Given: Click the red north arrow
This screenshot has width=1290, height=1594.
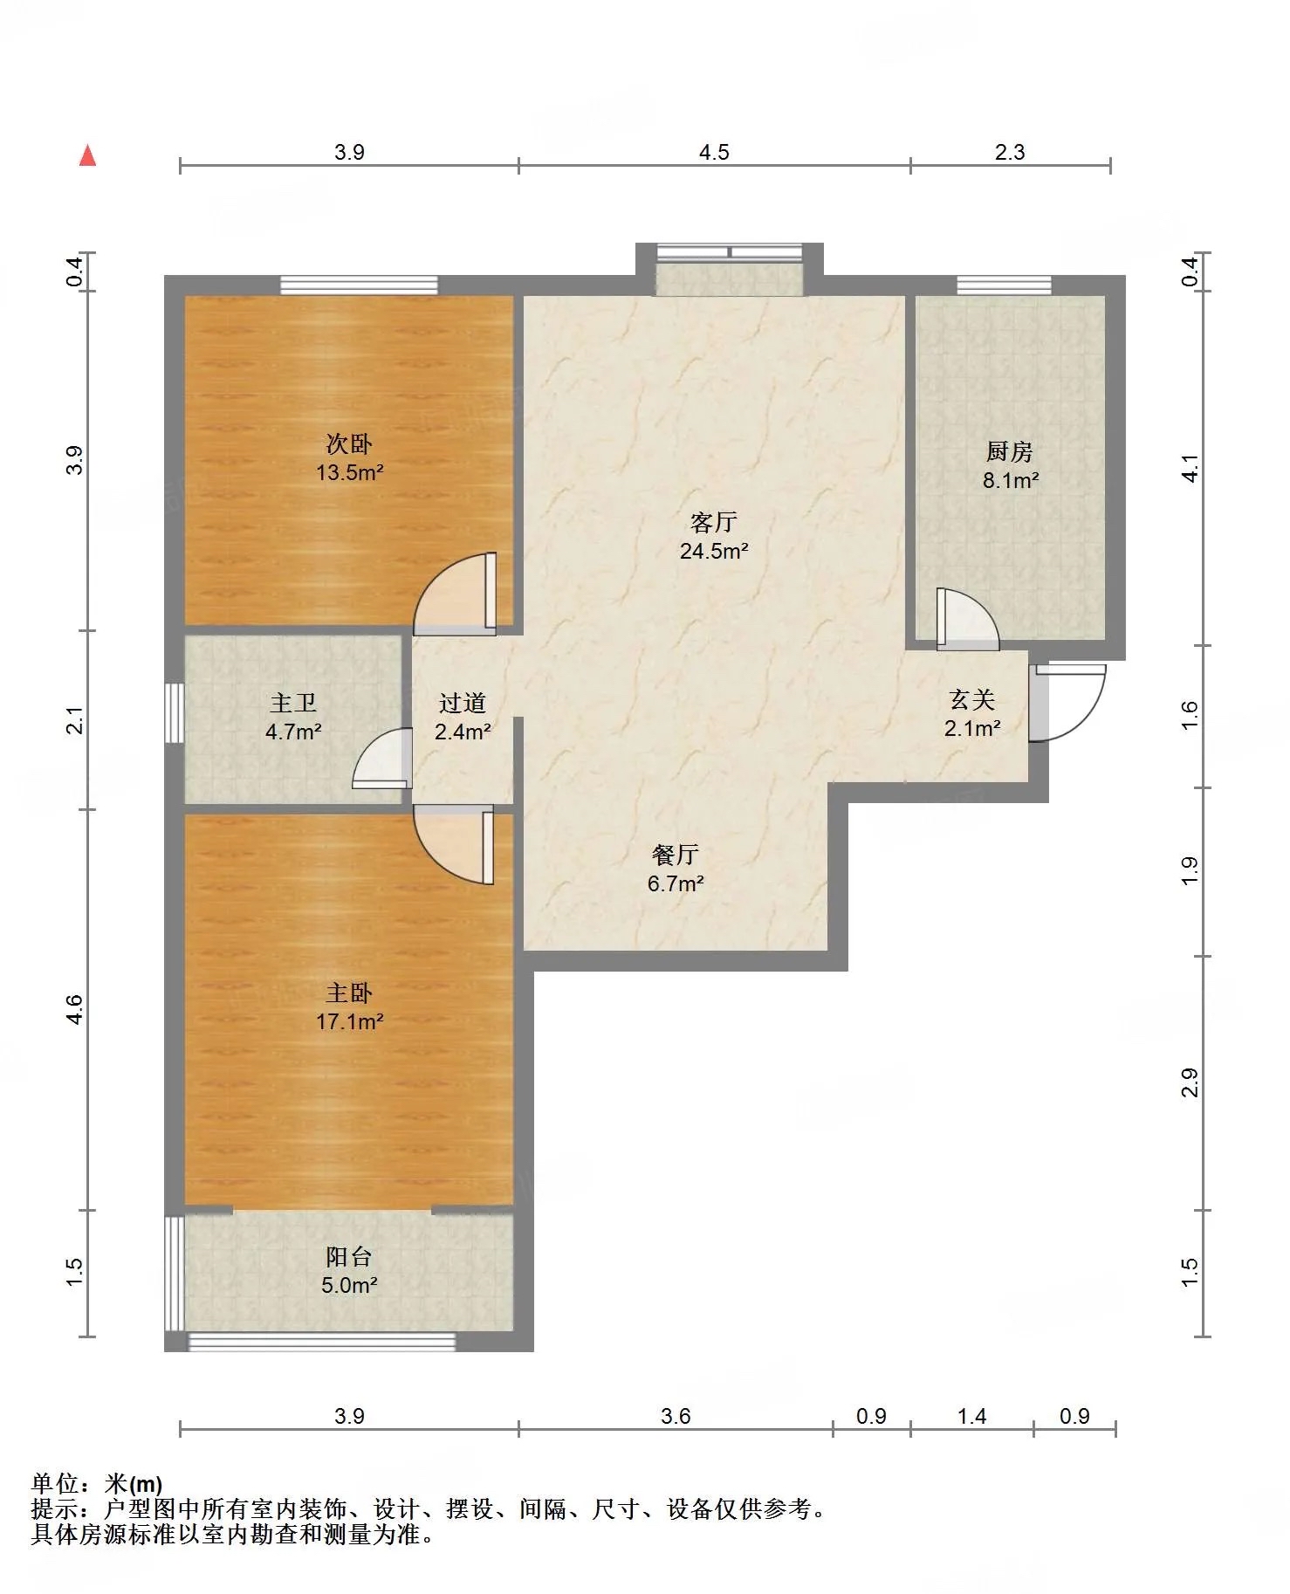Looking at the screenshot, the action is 87,155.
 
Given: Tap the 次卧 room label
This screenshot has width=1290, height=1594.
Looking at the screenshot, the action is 349,443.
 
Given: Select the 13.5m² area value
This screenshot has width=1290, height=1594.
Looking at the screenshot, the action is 349,472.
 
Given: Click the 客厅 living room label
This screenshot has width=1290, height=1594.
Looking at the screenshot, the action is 713,522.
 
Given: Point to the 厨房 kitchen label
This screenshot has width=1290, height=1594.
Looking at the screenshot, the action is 1010,451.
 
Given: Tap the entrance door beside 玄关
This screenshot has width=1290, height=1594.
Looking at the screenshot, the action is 1067,703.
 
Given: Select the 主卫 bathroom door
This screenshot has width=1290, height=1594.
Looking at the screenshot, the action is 382,759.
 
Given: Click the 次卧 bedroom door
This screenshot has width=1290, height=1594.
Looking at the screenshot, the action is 455,593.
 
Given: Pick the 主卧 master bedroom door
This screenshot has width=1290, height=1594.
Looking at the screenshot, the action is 454,845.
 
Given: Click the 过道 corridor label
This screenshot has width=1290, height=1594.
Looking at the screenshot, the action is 462,703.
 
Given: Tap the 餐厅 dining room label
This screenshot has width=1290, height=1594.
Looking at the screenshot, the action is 676,855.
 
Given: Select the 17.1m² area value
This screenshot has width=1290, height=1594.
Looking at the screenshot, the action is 349,1021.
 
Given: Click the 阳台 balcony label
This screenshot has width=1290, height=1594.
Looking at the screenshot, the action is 349,1256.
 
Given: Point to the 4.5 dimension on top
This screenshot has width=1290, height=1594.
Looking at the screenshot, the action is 714,152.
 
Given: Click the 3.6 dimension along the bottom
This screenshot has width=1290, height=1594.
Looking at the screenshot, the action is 676,1416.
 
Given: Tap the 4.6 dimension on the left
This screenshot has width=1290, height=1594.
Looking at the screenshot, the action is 75,1010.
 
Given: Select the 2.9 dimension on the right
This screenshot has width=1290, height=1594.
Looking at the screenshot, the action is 1190,1083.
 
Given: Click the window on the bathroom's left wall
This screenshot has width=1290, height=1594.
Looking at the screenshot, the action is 175,713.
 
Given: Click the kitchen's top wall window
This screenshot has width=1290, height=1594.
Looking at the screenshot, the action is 1004,285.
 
